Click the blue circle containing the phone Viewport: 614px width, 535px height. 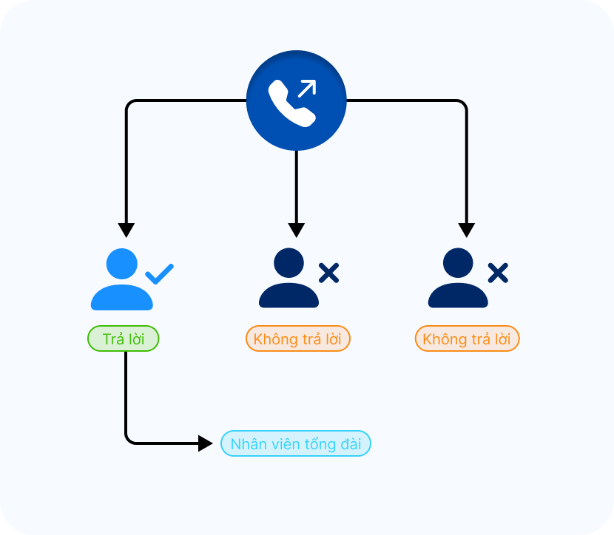296,100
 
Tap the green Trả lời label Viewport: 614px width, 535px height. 124,339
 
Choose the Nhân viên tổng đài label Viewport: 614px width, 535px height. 296,444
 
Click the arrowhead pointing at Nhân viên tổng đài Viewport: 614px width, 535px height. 205,443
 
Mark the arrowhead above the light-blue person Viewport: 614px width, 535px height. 126,229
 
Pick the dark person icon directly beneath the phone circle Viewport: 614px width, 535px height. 289,279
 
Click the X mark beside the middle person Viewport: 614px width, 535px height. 328,273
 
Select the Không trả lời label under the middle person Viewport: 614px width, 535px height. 297,339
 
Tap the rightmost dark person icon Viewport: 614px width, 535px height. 458,279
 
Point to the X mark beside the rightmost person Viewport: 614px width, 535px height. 498,273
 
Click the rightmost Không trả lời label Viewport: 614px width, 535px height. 467,339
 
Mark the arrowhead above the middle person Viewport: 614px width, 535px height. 296,229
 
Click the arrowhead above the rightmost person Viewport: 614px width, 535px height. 466,229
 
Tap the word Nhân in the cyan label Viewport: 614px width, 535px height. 246,445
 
